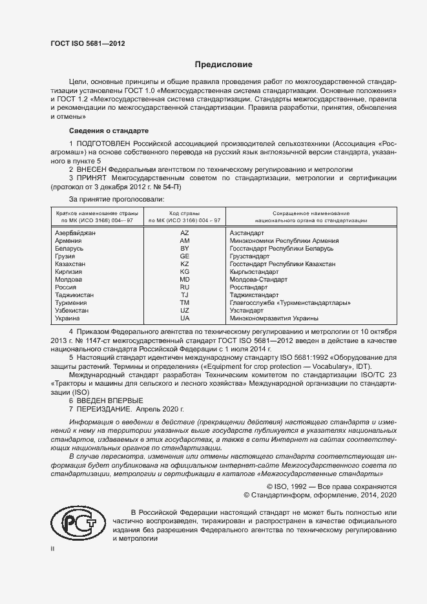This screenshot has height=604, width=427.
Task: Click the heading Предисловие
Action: point(224,65)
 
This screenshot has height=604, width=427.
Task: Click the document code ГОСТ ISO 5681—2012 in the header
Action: point(87,43)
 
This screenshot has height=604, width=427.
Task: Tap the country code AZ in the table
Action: point(184,232)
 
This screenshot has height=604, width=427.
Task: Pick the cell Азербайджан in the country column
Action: point(76,232)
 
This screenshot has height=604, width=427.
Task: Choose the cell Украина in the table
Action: point(68,318)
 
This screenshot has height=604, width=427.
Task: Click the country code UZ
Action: point(184,310)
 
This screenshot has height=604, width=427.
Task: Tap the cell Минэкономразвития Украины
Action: point(274,318)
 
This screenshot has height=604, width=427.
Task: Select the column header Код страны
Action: point(184,213)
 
